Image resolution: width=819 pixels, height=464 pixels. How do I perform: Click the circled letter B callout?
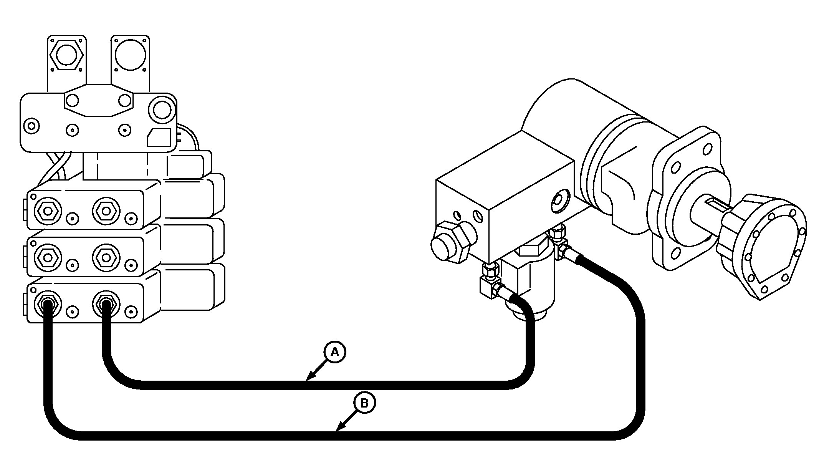(x=364, y=403)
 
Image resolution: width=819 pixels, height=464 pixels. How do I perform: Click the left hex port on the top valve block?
(x=48, y=211)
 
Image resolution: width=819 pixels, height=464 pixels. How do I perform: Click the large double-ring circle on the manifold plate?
(x=162, y=110)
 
